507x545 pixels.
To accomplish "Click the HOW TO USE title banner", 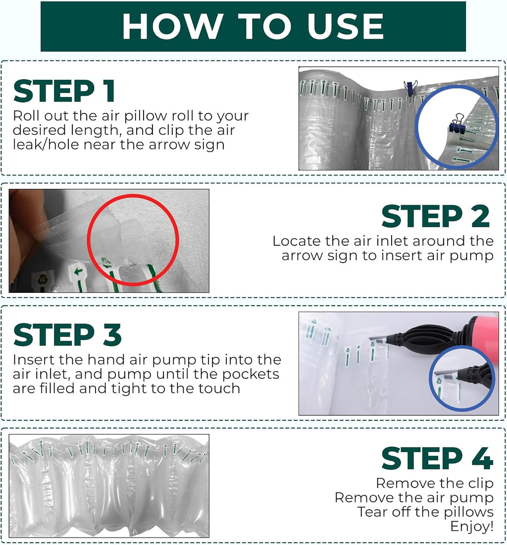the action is tap(253, 26).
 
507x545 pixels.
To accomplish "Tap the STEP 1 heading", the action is tap(64, 91).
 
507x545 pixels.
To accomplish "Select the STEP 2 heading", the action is tap(436, 216).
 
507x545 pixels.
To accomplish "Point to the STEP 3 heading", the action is tap(67, 335).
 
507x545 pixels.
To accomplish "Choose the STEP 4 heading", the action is tap(437, 458).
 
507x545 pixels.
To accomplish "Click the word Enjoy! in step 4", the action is tap(471, 526).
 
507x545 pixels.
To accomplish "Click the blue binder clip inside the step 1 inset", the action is tap(457, 124).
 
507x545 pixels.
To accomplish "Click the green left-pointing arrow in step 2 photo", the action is tap(79, 272).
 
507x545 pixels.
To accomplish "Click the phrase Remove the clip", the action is tap(435, 483).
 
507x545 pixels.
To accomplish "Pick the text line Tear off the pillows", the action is tap(425, 512).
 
